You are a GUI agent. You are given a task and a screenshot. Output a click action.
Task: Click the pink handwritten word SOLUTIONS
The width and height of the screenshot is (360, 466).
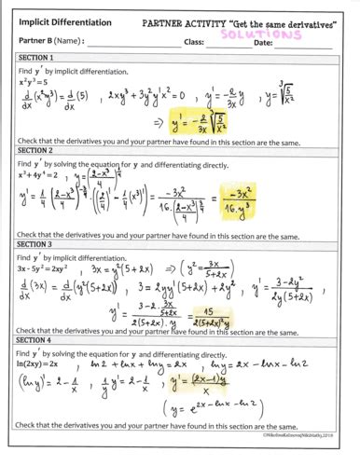(284, 31)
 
